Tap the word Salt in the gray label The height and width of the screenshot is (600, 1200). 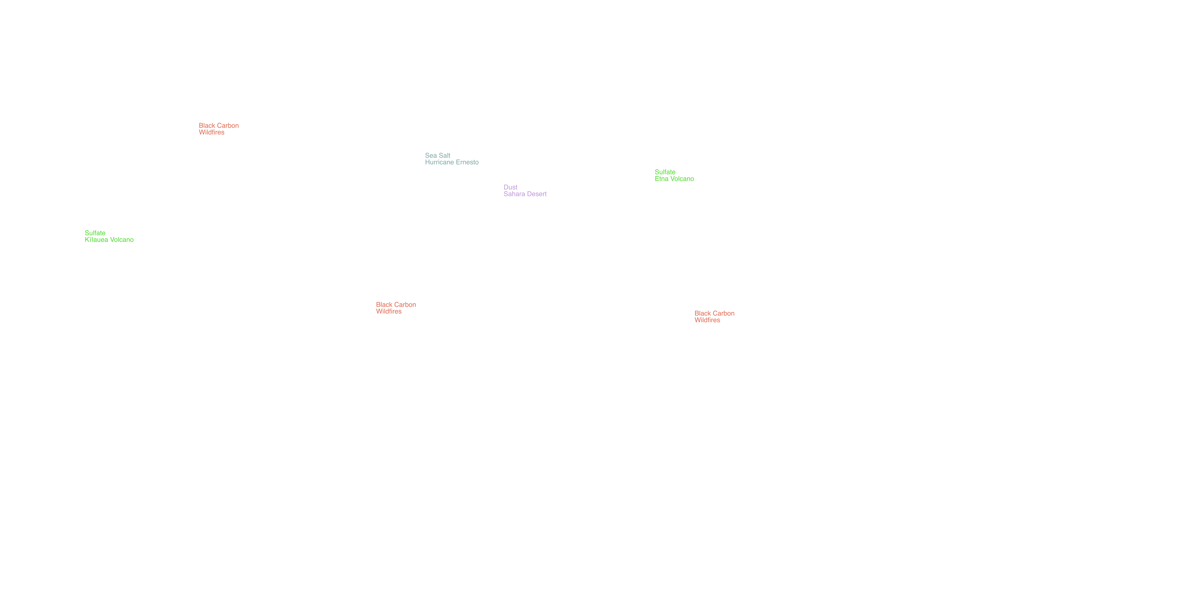[x=444, y=156]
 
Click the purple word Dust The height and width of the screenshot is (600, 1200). [x=511, y=187]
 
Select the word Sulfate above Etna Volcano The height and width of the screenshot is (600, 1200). [x=665, y=172]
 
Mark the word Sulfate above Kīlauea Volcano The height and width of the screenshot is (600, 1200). [x=95, y=233]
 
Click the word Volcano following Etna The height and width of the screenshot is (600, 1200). [x=682, y=179]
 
